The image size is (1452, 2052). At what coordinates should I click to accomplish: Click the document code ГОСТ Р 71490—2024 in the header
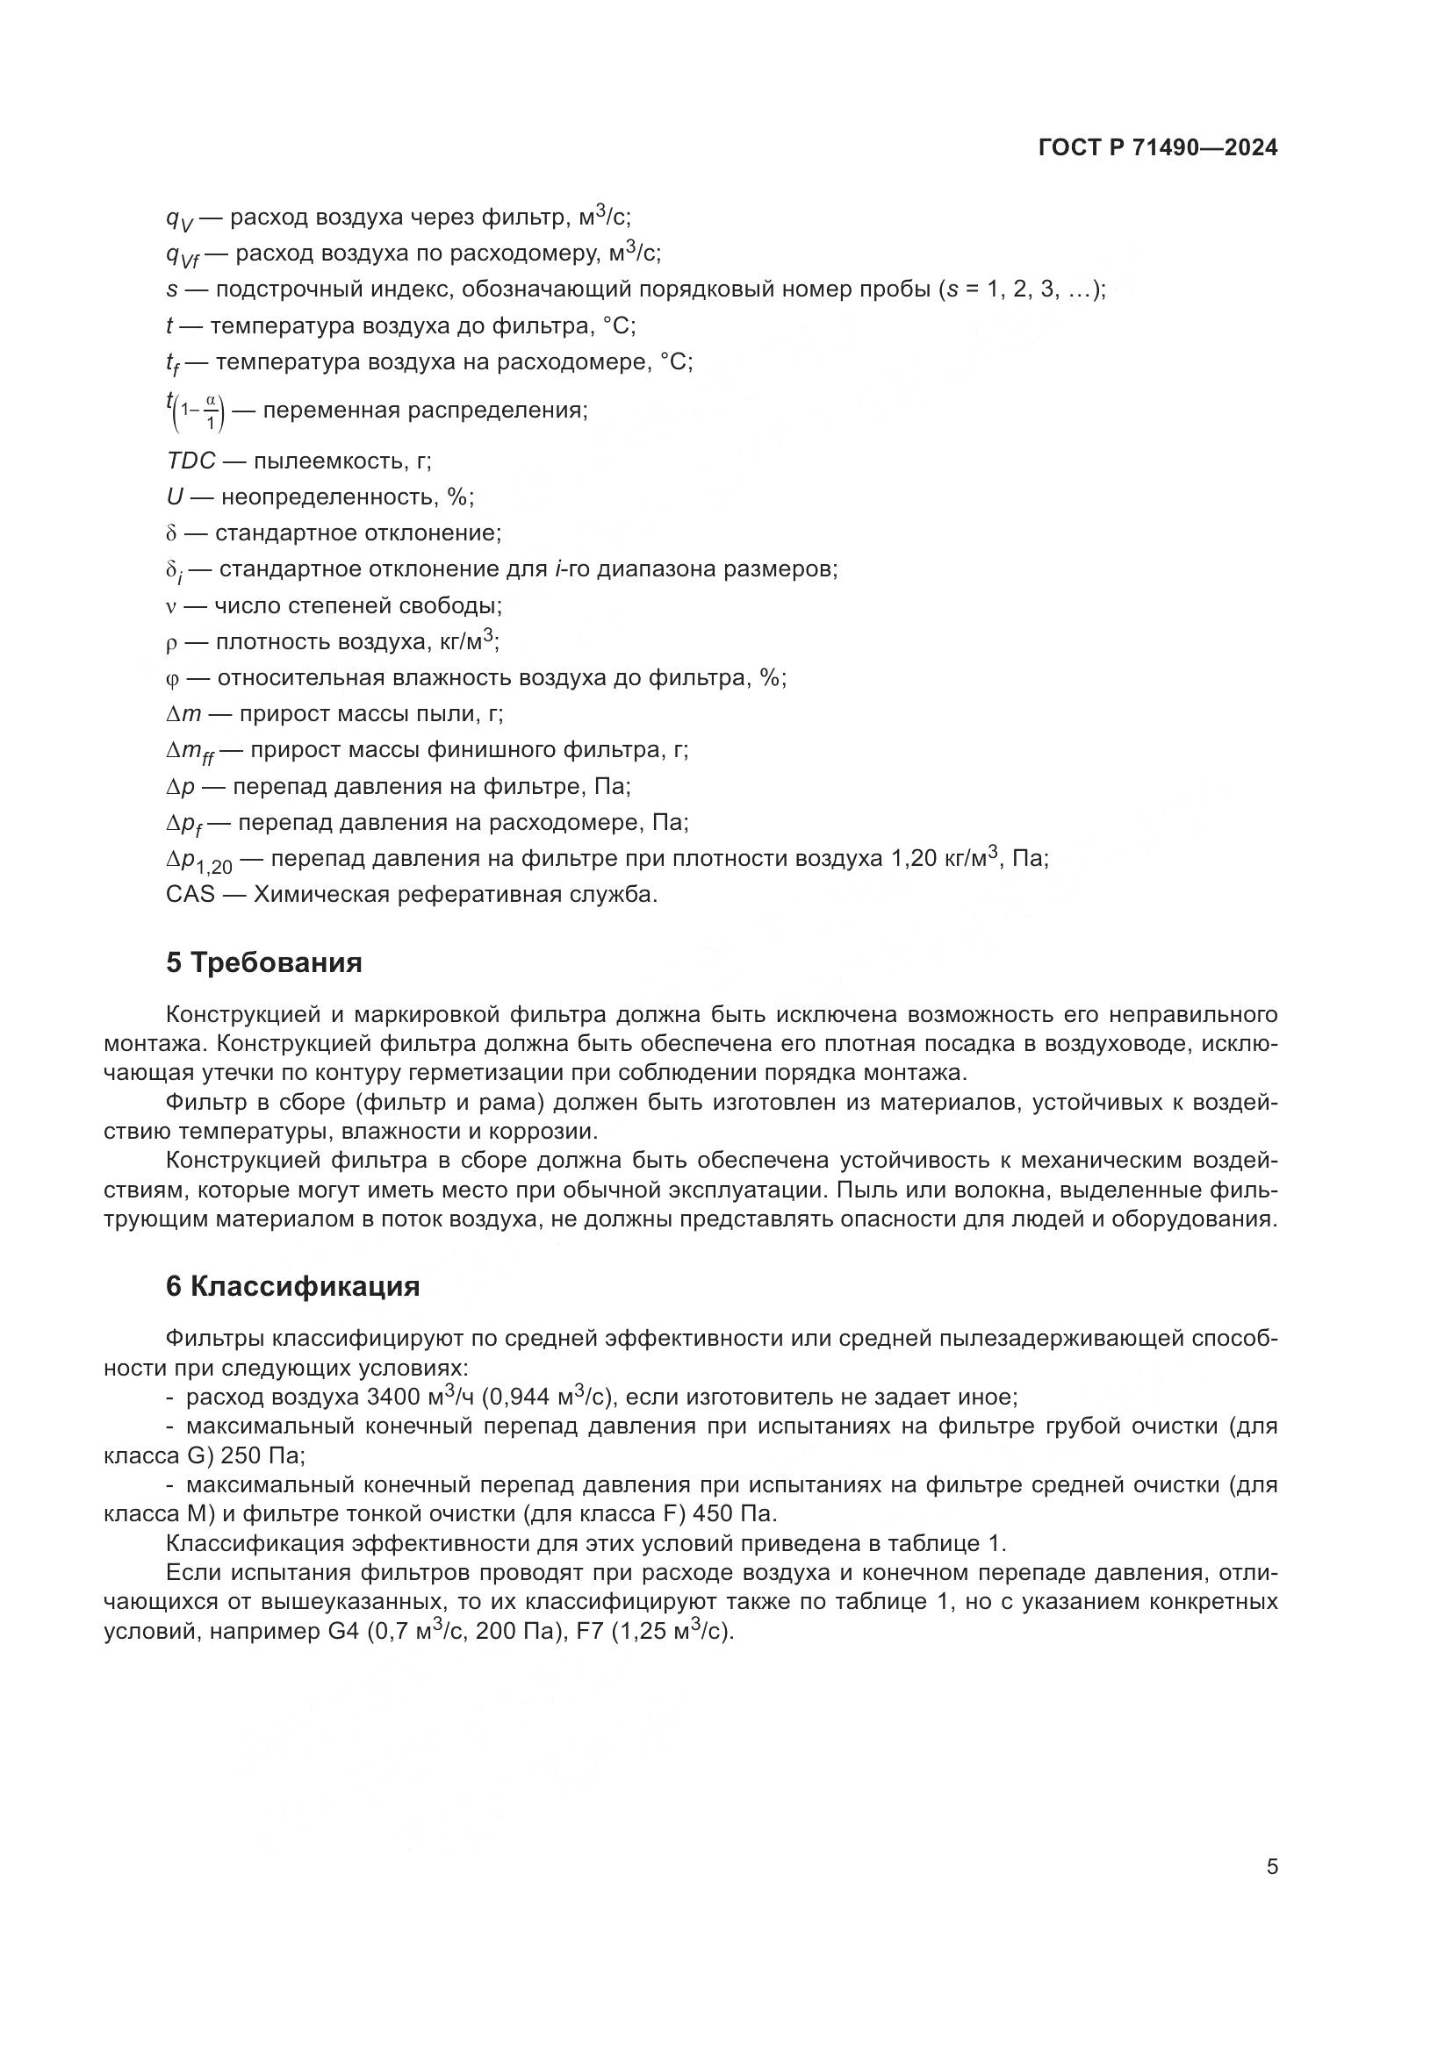point(1158,148)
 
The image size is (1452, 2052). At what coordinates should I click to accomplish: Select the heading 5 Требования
point(263,962)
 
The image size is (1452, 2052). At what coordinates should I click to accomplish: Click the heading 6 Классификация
point(292,1287)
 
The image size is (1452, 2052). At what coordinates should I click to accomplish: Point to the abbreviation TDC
point(190,461)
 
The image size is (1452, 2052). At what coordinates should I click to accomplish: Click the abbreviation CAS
point(190,895)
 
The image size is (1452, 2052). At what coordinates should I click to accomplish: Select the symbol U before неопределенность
point(175,497)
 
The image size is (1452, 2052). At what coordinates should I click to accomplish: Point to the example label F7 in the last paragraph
point(591,1631)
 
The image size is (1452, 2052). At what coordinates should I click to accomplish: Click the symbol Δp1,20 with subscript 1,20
point(198,861)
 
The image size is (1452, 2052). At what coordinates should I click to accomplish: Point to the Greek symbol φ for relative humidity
point(173,678)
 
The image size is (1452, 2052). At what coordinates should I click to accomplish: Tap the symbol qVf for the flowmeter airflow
point(183,255)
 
